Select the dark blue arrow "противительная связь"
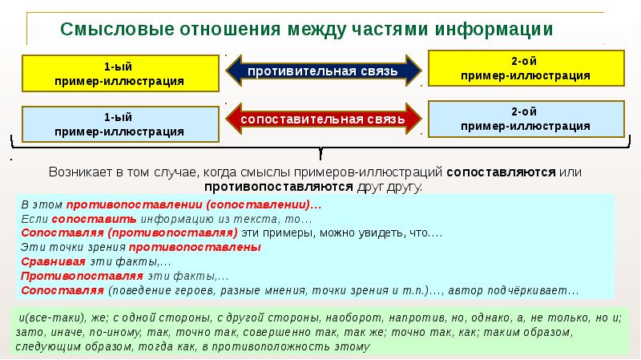point(323,71)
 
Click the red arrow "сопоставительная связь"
point(323,120)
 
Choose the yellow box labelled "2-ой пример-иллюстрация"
point(526,67)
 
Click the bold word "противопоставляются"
point(278,186)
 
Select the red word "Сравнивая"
point(54,261)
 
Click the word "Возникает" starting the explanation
point(81,172)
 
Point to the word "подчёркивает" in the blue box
point(531,290)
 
